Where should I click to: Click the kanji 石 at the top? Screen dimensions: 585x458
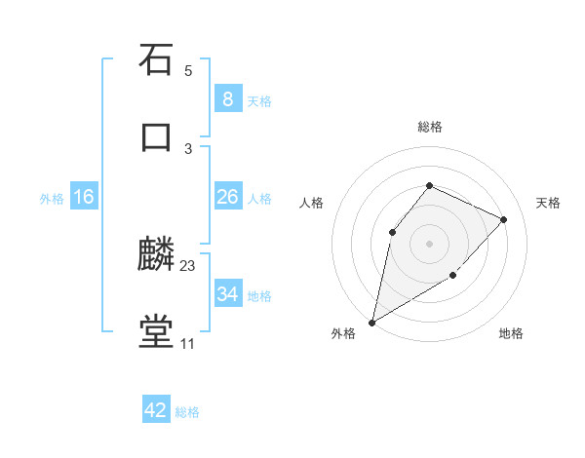point(156,59)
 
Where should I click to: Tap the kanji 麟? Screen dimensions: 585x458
point(156,255)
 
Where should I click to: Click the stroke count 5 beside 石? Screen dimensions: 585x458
point(188,71)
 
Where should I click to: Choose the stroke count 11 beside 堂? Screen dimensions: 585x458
point(188,344)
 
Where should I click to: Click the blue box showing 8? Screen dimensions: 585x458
point(227,99)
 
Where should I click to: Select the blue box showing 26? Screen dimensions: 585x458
point(227,197)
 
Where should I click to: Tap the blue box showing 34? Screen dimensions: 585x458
point(227,293)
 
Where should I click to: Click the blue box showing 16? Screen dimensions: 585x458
point(84,197)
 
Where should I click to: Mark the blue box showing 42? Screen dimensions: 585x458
point(156,410)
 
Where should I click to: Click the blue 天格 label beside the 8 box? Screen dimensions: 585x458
point(259,100)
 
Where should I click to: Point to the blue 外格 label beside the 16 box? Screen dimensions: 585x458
point(52,198)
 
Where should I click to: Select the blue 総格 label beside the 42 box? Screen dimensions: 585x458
point(187,412)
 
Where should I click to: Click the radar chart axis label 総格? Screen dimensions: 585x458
point(429,127)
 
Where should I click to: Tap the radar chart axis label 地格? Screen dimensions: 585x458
point(511,333)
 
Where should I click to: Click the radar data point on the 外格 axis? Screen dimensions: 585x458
point(371,322)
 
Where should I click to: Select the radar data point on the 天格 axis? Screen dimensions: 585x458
point(504,219)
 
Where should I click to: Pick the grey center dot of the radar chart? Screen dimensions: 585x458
point(429,243)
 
